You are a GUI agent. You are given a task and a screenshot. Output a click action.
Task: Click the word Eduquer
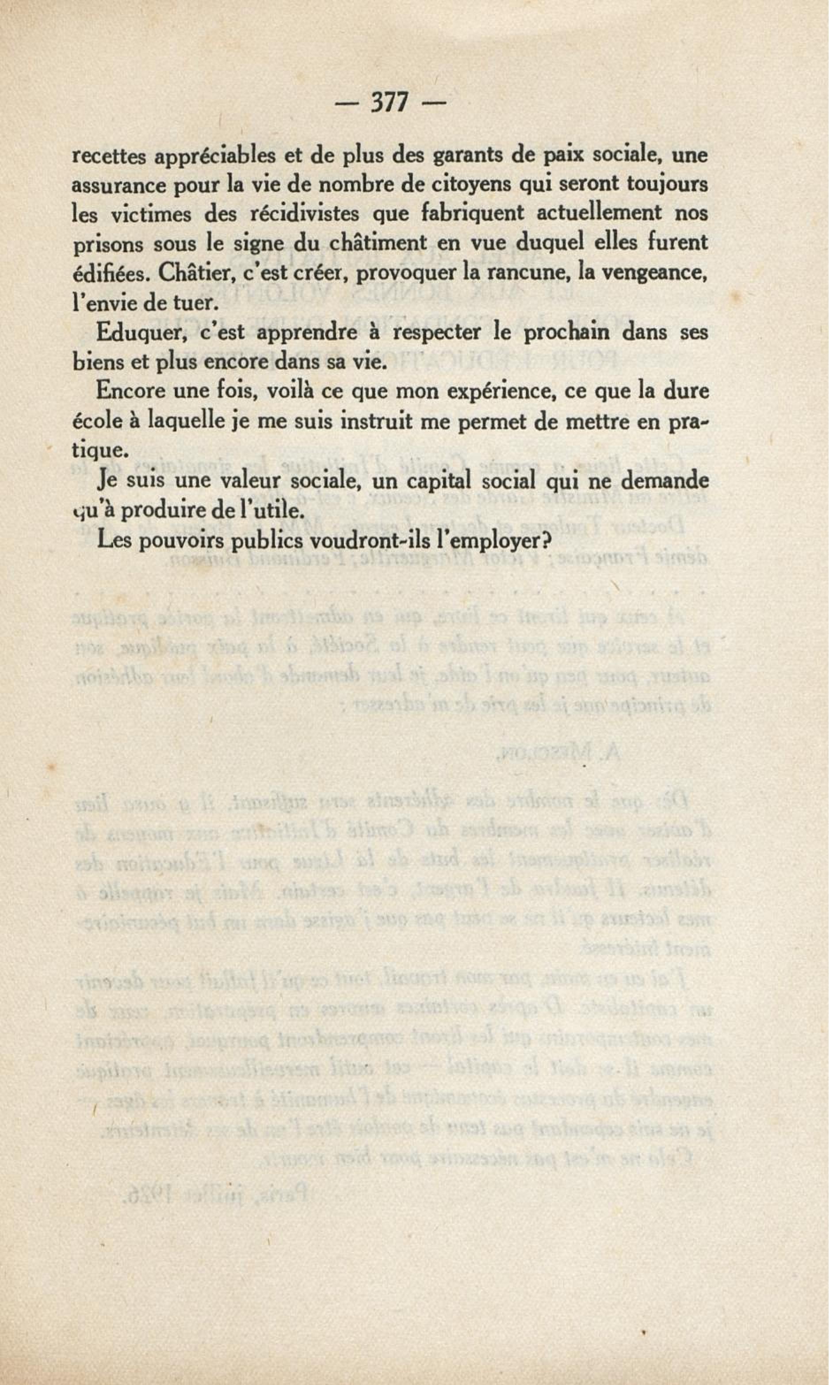click(x=134, y=333)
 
